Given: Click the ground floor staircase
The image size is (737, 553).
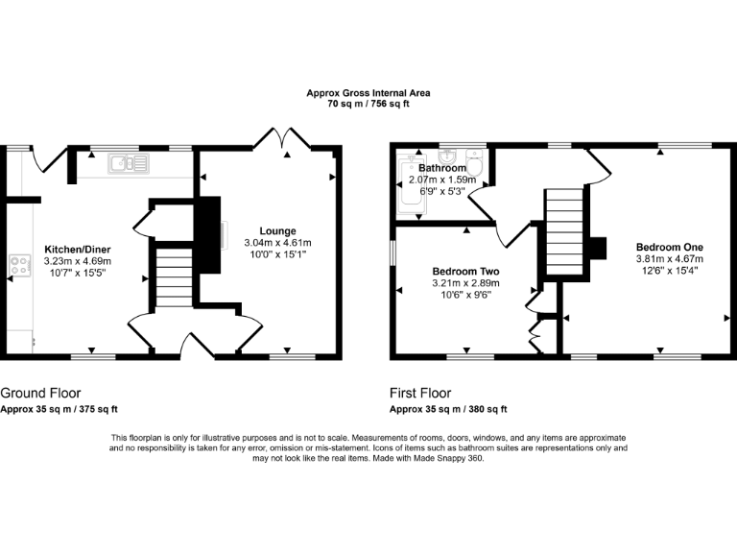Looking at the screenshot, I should pyautogui.click(x=174, y=275).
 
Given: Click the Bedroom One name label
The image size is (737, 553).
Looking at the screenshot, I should pyautogui.click(x=669, y=247).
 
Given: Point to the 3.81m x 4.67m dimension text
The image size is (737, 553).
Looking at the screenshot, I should pyautogui.click(x=669, y=258).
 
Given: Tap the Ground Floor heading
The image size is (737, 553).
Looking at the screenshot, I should pyautogui.click(x=40, y=393).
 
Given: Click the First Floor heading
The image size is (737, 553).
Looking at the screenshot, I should pyautogui.click(x=419, y=393).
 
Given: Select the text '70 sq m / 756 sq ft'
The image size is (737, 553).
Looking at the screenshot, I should pyautogui.click(x=368, y=104).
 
